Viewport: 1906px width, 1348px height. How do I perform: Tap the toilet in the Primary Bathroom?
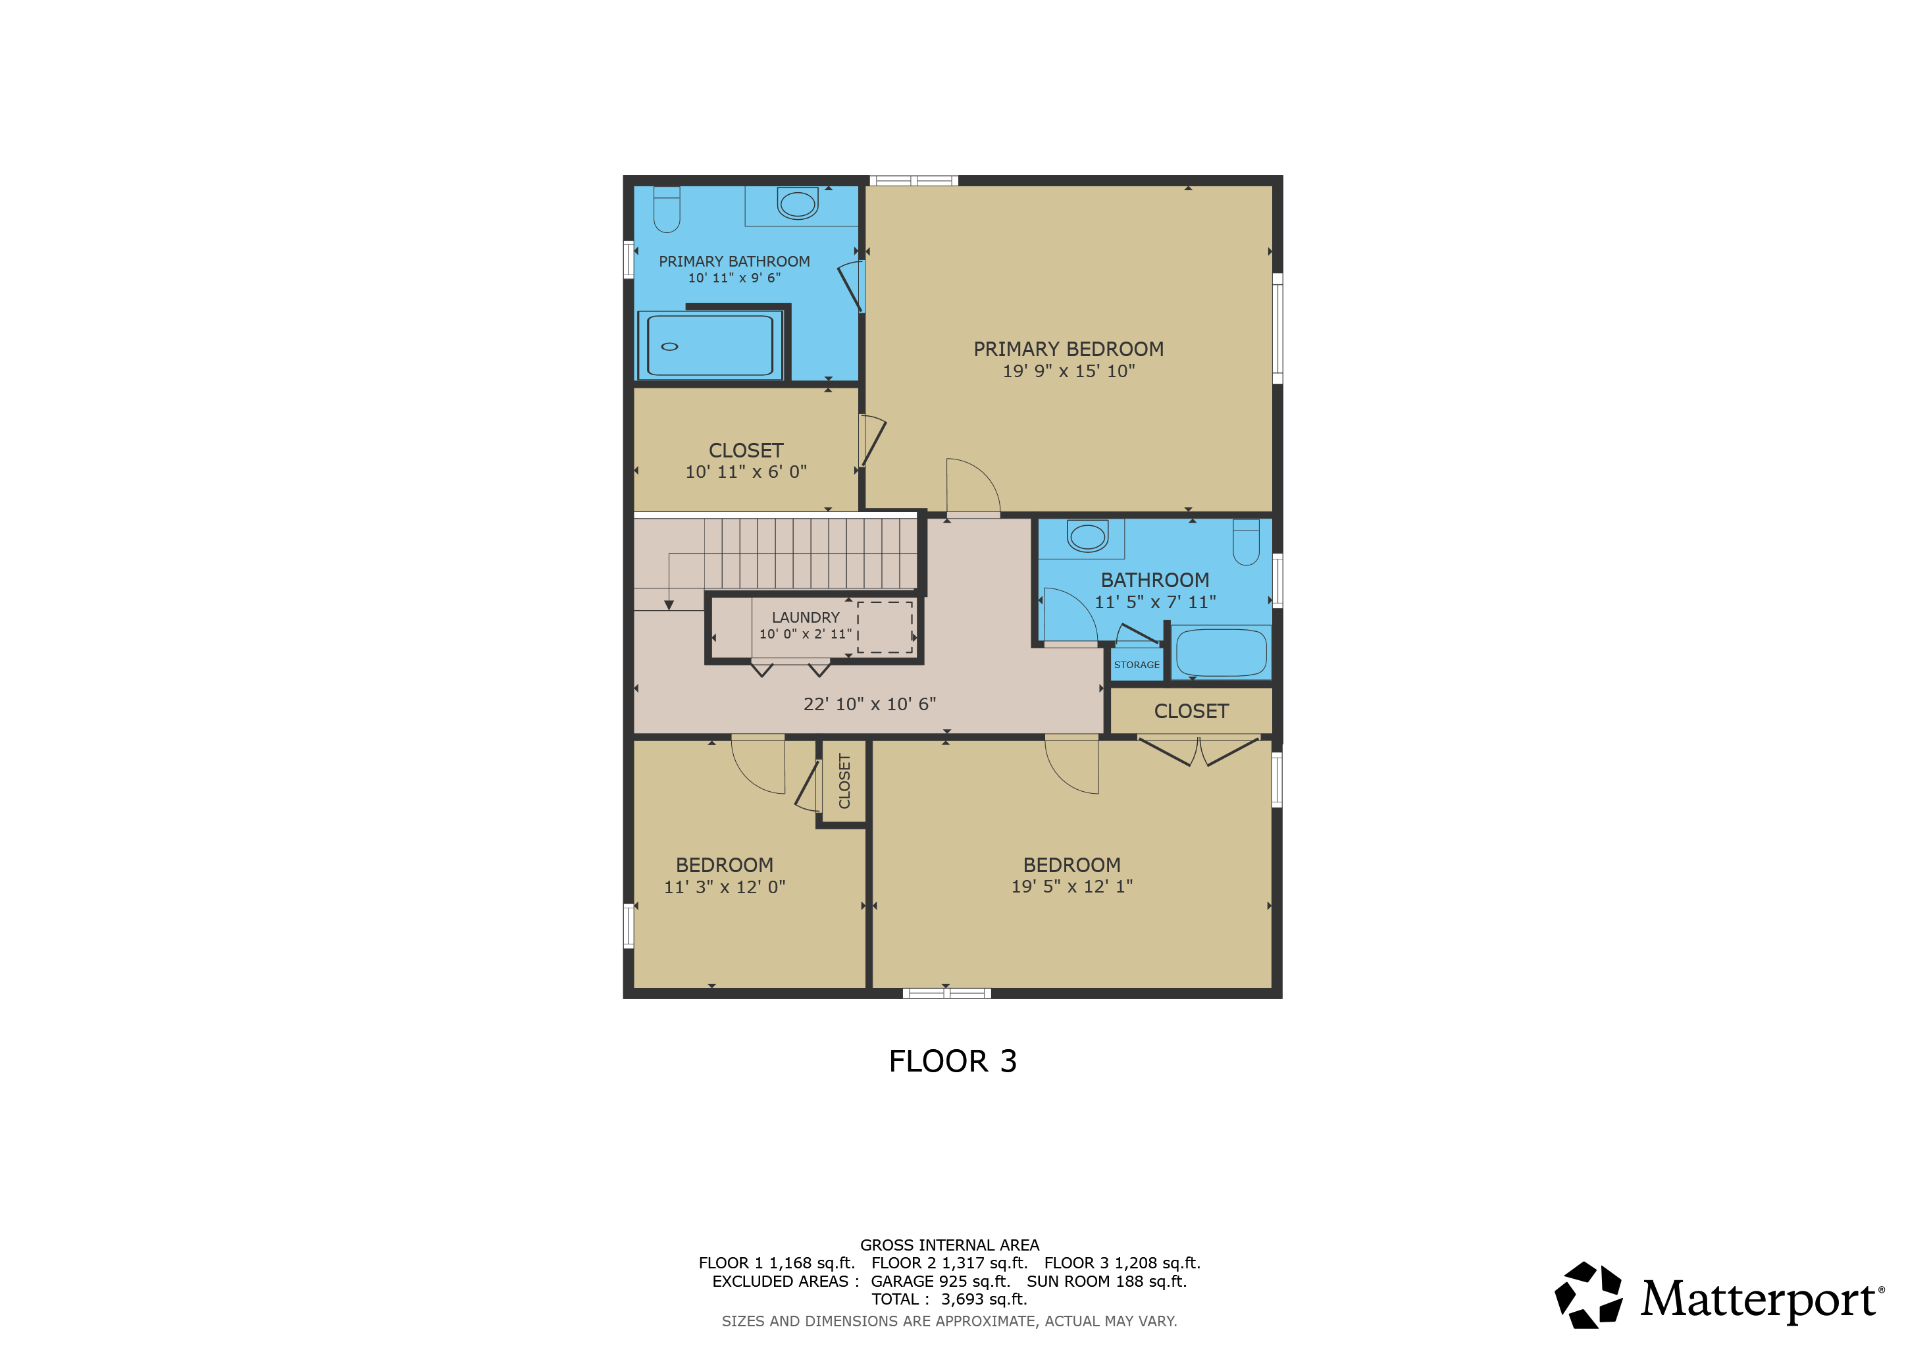[667, 209]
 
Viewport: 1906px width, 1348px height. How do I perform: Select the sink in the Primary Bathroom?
[798, 203]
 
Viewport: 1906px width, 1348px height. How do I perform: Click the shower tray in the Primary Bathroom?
[709, 346]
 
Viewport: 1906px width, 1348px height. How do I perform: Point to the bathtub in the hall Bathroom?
[1221, 652]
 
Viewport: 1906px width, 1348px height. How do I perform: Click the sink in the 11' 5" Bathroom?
[1087, 536]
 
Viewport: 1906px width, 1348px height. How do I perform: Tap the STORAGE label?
[1137, 665]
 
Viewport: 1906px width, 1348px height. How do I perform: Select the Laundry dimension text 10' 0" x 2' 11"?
[805, 634]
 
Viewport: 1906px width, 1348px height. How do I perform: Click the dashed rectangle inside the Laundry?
[885, 627]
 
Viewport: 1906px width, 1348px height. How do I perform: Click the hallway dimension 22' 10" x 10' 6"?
[869, 704]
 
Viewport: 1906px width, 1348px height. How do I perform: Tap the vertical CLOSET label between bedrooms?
[844, 781]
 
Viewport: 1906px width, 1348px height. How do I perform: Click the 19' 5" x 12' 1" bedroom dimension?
[1071, 887]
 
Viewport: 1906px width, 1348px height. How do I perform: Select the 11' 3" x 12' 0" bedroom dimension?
[725, 887]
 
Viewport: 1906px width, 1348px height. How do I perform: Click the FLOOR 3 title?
[953, 1062]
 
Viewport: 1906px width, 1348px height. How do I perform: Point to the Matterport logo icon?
[1588, 1295]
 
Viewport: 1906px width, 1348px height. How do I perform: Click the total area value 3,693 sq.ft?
[984, 1300]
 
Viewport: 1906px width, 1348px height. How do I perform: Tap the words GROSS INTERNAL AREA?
[950, 1245]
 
